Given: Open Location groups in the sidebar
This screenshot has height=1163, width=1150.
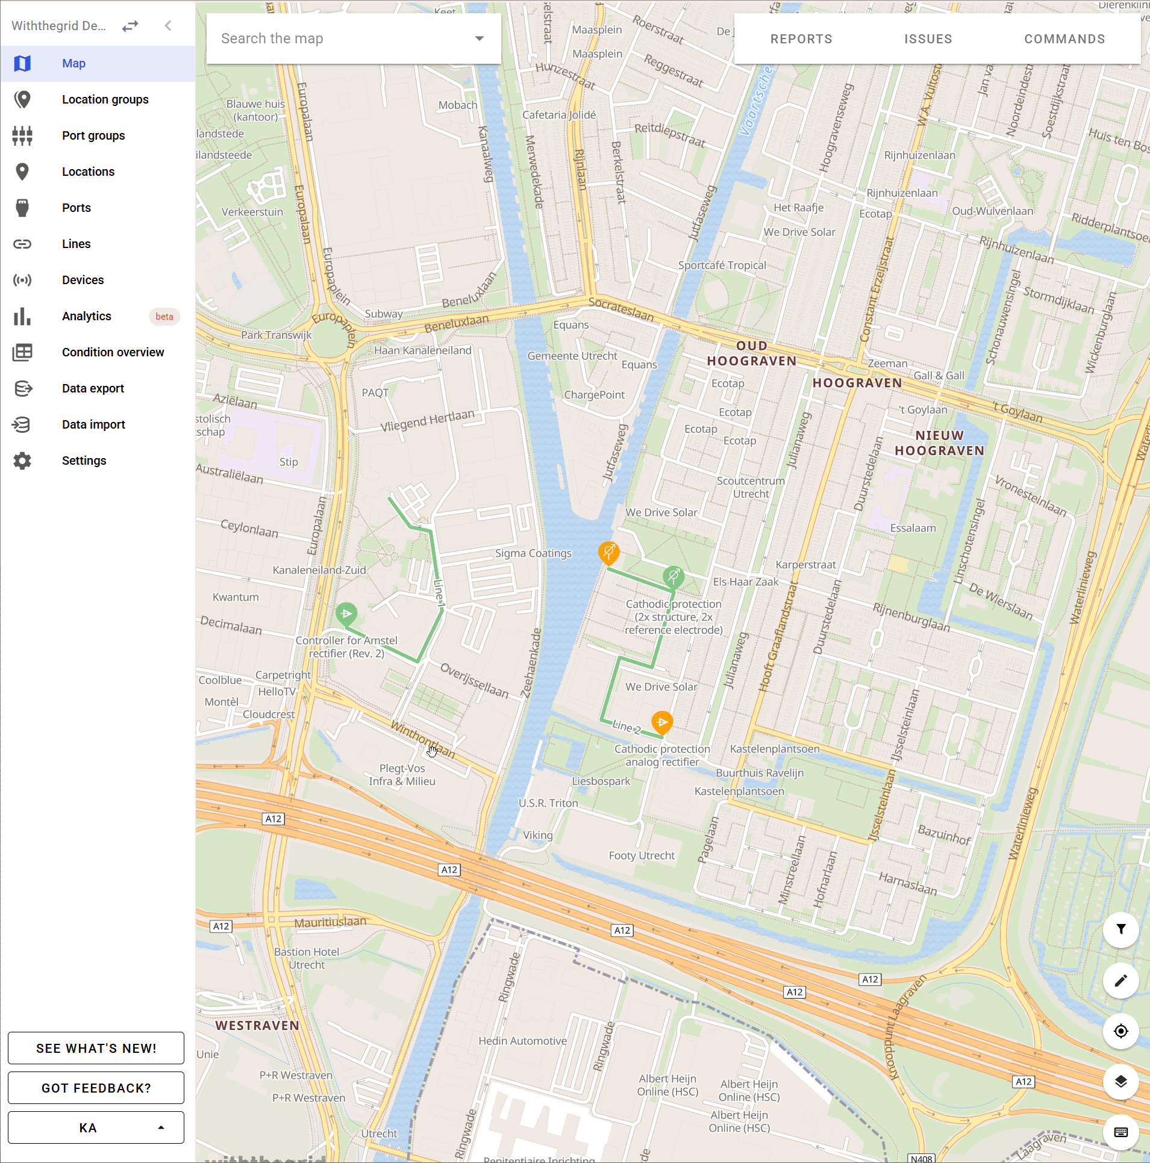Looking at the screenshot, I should click(105, 99).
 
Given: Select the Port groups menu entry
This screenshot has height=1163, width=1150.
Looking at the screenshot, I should click(93, 135).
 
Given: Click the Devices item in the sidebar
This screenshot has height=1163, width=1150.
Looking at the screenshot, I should click(83, 280).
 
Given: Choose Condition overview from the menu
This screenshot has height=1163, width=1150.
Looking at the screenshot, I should click(113, 352).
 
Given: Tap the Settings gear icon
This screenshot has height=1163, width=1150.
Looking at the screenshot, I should click(22, 461).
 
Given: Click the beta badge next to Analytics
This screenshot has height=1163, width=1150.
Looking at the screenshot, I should click(164, 317).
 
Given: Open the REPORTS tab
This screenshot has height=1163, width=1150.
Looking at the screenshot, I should click(801, 39).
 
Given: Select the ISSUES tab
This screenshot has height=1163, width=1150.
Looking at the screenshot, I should click(928, 39).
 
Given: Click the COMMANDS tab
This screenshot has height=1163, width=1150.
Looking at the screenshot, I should click(1064, 39).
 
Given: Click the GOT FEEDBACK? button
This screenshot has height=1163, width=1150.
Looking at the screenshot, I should click(96, 1088).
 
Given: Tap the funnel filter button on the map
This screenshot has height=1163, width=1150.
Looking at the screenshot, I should click(1120, 929).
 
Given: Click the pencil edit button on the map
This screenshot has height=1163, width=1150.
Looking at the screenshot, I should click(1120, 981).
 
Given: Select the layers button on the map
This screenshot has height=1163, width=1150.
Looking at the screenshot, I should click(1120, 1082).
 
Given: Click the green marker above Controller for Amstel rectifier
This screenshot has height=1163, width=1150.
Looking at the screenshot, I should click(346, 613).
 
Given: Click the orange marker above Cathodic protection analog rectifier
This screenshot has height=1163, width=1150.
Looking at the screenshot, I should click(662, 722).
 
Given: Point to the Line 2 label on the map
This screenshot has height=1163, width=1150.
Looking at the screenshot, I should click(627, 727).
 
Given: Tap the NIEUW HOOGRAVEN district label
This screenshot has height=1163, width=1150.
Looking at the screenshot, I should click(939, 443).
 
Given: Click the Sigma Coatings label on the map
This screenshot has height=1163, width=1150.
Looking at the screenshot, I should click(533, 553).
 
